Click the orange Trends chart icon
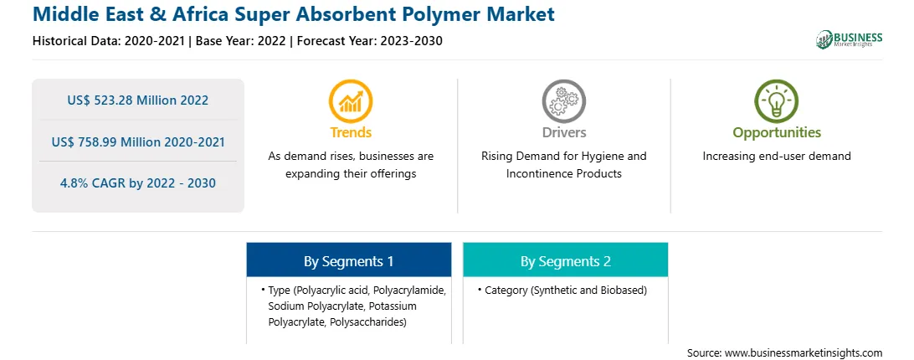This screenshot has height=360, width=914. [x=351, y=100]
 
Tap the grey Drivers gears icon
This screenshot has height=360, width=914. [x=563, y=100]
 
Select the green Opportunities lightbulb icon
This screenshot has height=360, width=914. [x=777, y=100]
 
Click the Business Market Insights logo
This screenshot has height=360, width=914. [x=850, y=39]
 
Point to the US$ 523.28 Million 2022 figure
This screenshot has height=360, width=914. [x=137, y=100]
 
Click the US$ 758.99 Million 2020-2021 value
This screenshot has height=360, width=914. [x=137, y=141]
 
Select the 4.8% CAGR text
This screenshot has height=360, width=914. [x=137, y=183]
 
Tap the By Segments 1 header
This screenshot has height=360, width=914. [x=348, y=261]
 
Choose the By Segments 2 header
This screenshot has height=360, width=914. [x=566, y=261]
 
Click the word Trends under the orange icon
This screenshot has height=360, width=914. [x=351, y=132]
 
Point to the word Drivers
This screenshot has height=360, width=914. [x=563, y=132]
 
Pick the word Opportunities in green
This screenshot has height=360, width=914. [x=777, y=132]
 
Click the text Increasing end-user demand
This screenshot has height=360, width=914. [x=777, y=156]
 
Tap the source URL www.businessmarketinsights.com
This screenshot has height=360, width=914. [x=804, y=352]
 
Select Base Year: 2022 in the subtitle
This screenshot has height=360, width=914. [x=240, y=41]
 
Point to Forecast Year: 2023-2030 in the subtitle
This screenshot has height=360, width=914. [x=369, y=41]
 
